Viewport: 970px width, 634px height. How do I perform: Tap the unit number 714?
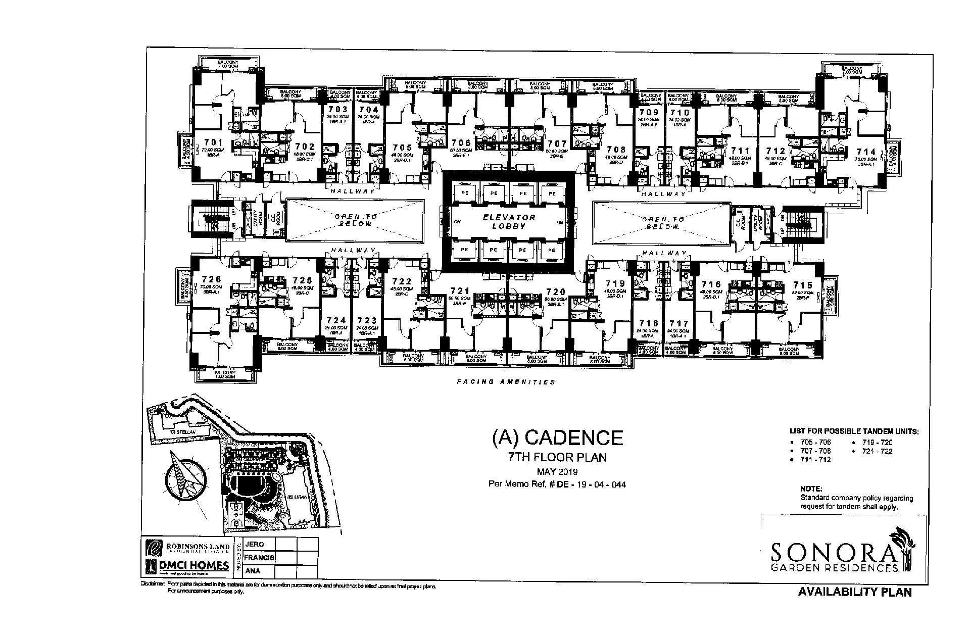(x=866, y=152)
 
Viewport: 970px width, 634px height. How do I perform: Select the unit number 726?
(x=211, y=279)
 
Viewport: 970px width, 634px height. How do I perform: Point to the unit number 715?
(x=803, y=285)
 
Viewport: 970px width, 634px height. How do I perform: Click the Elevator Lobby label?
(x=509, y=221)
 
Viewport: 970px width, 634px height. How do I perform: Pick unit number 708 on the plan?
(x=616, y=150)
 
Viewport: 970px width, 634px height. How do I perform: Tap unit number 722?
(x=402, y=281)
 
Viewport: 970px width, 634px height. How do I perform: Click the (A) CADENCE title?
(x=557, y=437)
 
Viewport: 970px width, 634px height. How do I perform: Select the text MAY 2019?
(x=558, y=472)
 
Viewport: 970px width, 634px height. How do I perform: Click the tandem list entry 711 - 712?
(x=815, y=460)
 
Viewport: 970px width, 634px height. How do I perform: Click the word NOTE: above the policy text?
(x=811, y=489)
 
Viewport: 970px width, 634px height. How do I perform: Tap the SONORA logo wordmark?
(x=834, y=552)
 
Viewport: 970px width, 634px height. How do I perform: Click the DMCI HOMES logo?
(x=187, y=566)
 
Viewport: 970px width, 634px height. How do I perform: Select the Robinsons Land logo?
(x=187, y=548)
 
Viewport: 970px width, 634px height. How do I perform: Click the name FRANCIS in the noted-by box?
(x=259, y=558)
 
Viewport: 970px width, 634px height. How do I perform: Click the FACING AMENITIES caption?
(x=506, y=382)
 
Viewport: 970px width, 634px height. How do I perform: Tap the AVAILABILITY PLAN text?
(x=855, y=592)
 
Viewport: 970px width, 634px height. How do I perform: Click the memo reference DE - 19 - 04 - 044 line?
(x=557, y=484)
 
